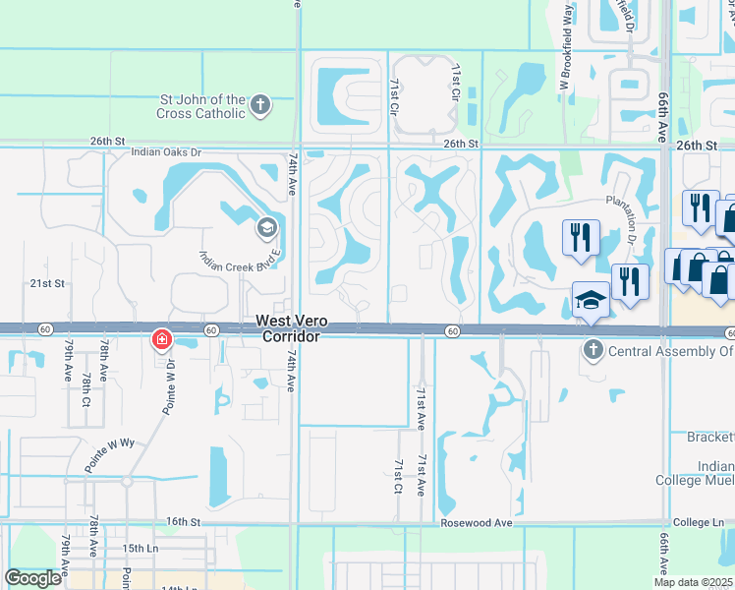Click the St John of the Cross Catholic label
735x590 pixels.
tap(203, 106)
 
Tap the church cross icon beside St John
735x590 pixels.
tap(260, 106)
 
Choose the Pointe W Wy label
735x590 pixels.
tap(108, 457)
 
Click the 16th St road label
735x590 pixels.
tap(183, 521)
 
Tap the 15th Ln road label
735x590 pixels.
tap(140, 546)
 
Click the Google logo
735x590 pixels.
tap(32, 578)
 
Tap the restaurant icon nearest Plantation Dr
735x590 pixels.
tap(580, 236)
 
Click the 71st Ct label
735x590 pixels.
tap(399, 475)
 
